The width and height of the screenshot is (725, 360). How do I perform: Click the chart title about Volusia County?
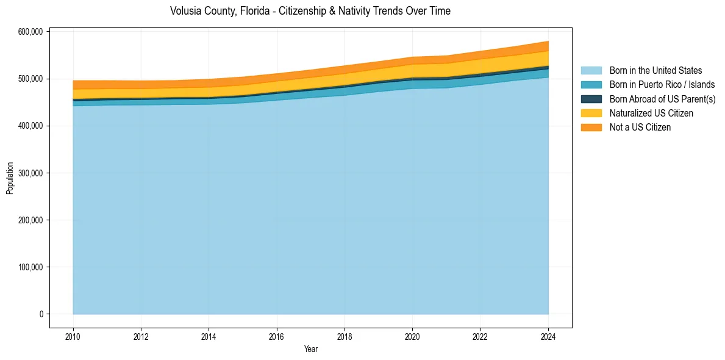coord(310,11)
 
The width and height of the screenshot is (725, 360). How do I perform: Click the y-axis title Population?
coord(10,178)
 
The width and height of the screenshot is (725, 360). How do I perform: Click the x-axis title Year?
coord(310,349)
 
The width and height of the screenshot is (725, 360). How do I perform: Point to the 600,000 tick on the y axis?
coord(32,32)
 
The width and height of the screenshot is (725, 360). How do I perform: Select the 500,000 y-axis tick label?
coord(32,79)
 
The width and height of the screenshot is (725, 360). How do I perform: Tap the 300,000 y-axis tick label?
coord(32,173)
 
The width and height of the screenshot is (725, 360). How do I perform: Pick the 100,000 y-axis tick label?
coord(32,267)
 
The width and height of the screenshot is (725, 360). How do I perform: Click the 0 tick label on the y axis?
coord(41,314)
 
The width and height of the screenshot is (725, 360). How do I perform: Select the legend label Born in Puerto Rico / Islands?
coord(662,85)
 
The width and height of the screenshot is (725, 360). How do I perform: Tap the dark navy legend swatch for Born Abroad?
coord(591,99)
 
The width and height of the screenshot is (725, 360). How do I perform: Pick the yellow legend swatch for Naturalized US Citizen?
coord(591,113)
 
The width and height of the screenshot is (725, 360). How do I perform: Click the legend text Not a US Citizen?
coord(640,127)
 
